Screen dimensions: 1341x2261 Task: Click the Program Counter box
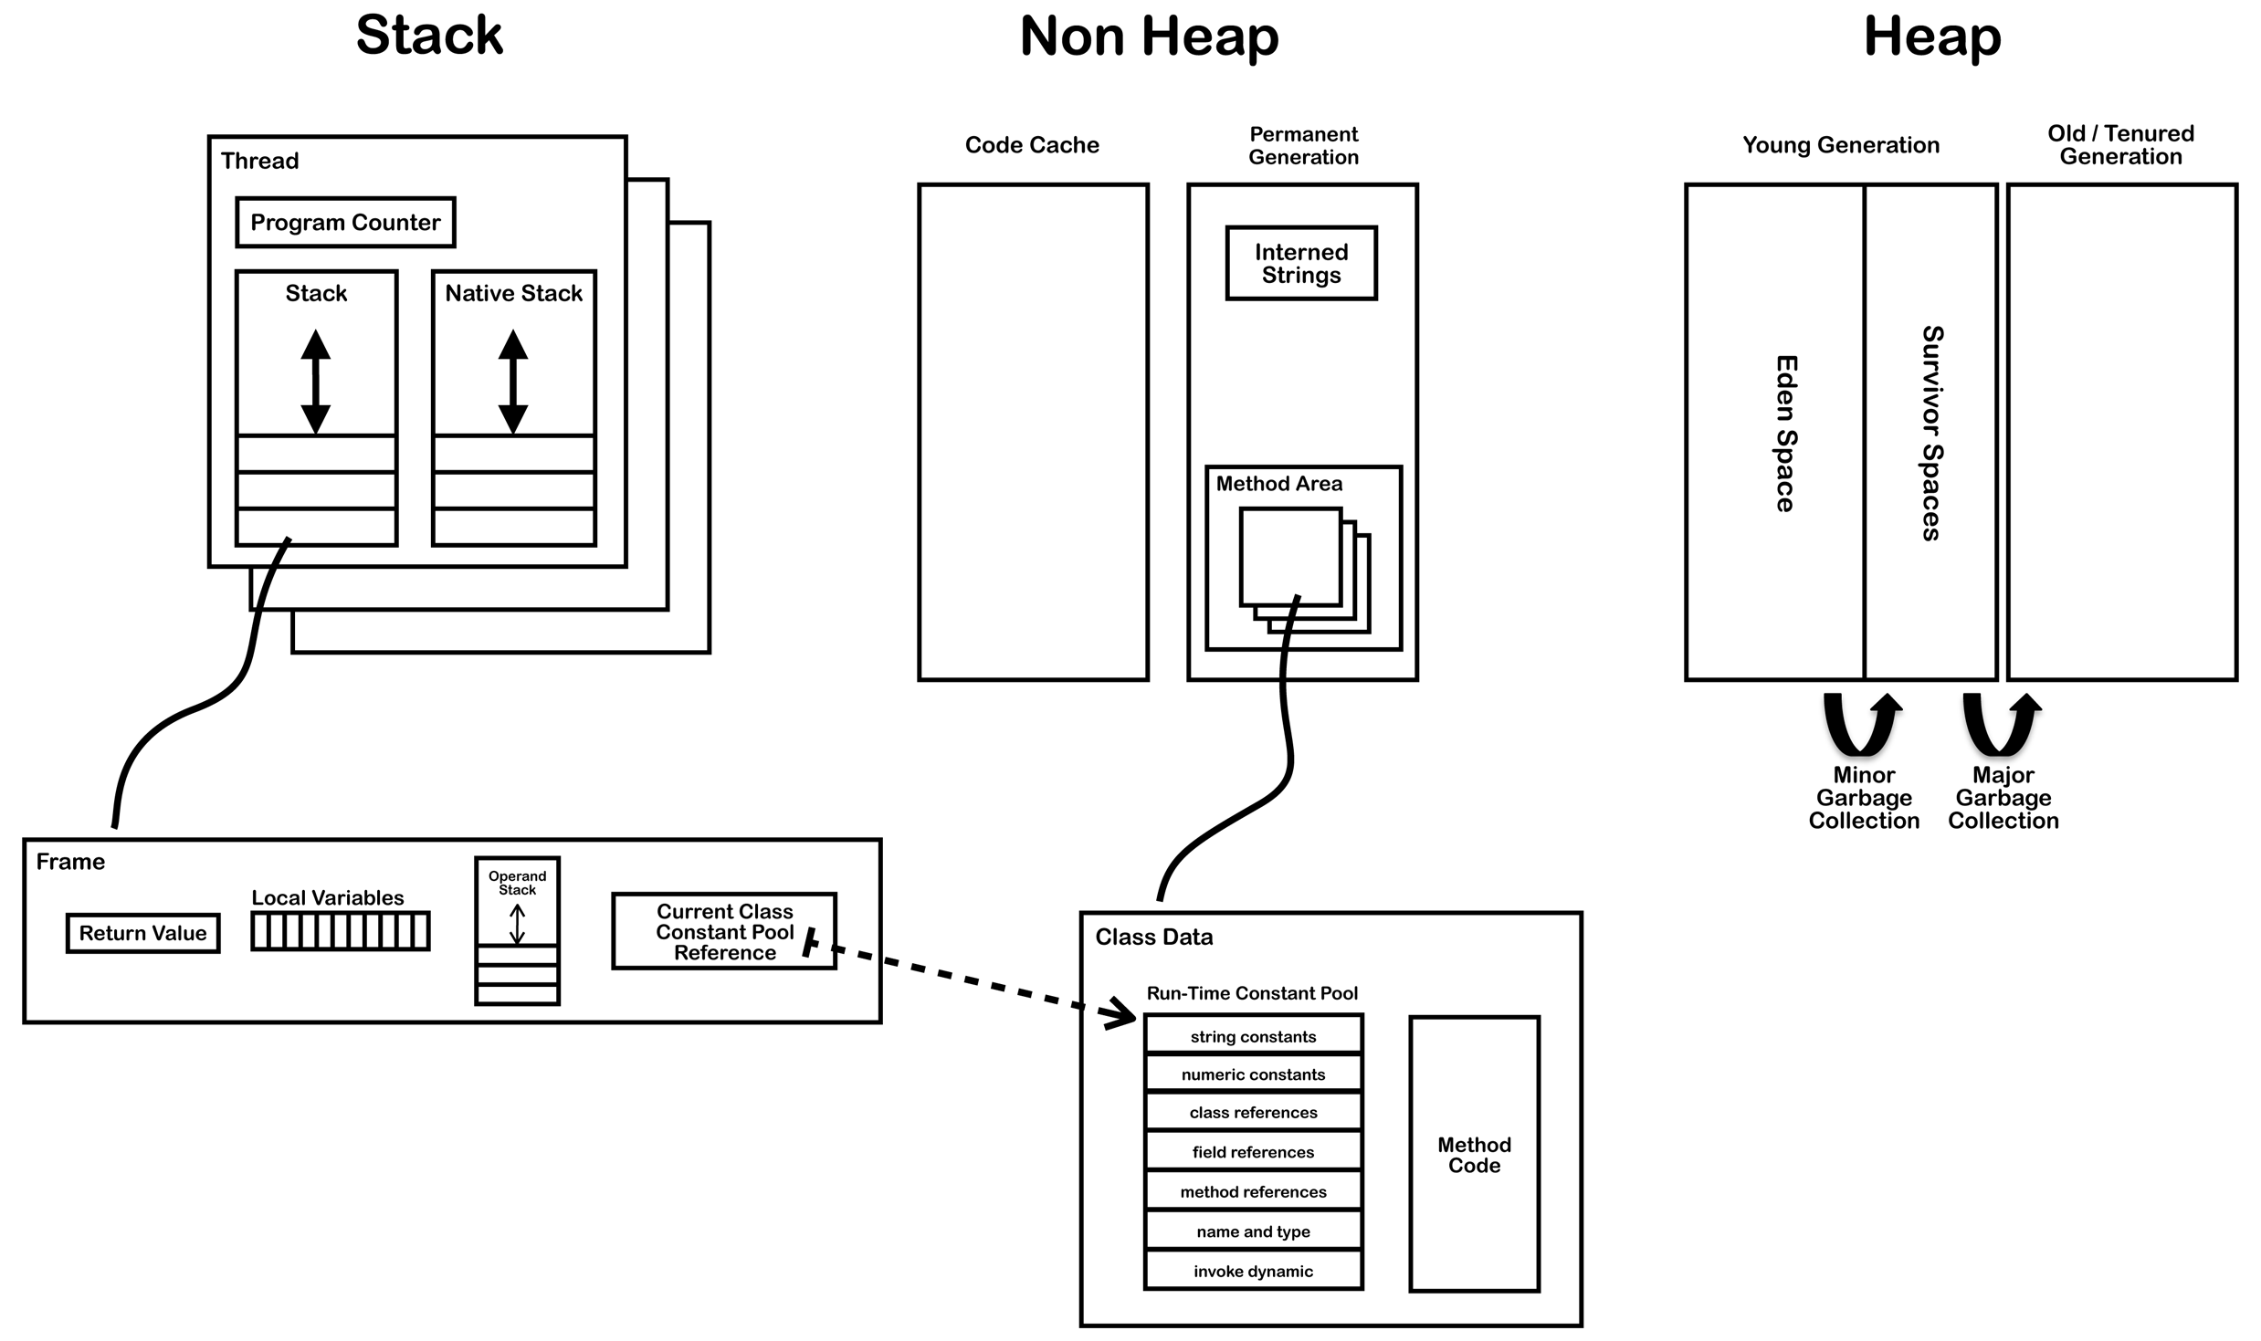pos(345,222)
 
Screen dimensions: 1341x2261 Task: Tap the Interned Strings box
pos(1300,263)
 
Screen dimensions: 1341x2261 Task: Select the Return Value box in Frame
pos(142,933)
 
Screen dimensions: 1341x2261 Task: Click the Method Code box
pos(1473,1154)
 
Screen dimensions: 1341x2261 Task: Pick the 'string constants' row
pos(1253,1036)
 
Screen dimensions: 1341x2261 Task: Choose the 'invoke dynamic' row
pos(1253,1271)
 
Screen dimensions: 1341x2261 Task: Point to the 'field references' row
pos(1253,1152)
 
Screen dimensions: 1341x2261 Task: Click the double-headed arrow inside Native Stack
pos(513,382)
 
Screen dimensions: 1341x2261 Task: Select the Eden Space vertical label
pos(1784,434)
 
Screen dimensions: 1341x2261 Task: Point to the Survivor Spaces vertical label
pos(1931,434)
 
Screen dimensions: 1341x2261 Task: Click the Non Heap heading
pos(1149,37)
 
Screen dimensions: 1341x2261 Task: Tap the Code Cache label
pos(1032,145)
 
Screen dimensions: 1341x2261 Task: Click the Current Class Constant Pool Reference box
pos(723,931)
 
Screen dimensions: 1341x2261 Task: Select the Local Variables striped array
pos(340,932)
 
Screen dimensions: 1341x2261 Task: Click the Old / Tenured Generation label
pos(2120,145)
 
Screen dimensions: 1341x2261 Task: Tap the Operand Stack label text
pos(517,883)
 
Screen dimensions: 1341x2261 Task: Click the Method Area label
pos(1278,484)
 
